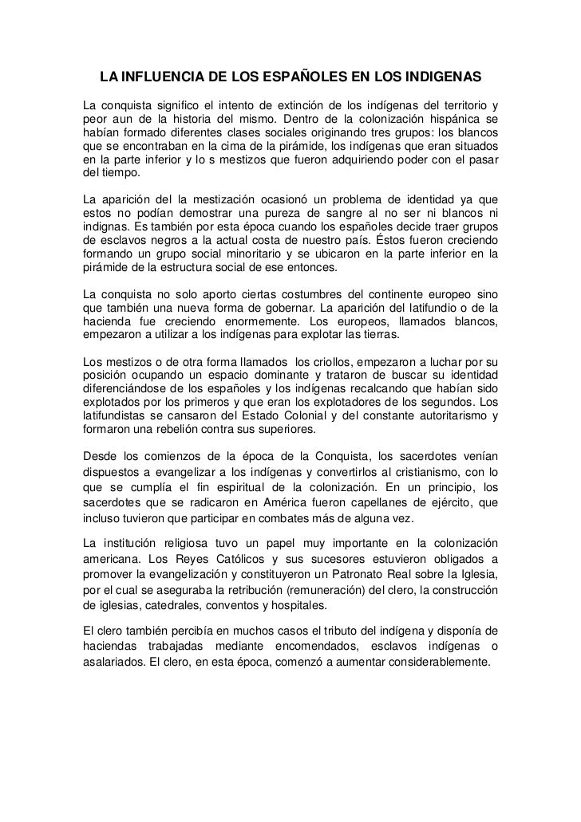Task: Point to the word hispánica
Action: (x=454, y=121)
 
